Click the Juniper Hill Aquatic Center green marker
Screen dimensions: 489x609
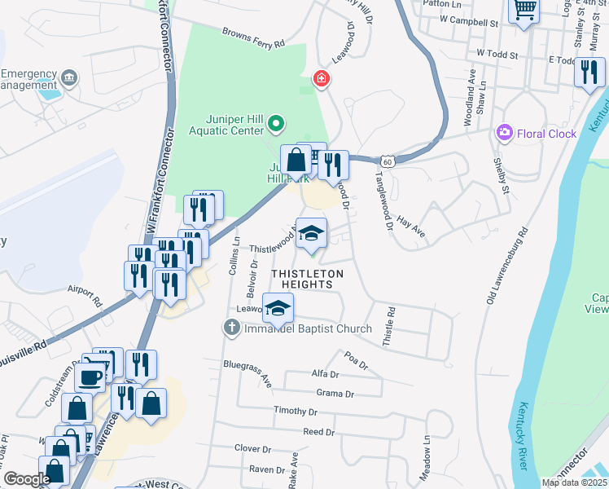[276, 125]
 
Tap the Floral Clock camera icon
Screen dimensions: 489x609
[505, 133]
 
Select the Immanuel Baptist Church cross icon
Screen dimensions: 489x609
[231, 328]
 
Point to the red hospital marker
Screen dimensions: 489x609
[322, 79]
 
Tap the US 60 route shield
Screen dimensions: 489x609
[392, 162]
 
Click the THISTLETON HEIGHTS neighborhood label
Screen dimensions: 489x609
[302, 278]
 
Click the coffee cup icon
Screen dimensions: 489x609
[90, 377]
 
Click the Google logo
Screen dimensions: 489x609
[26, 479]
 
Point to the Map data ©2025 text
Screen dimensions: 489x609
[574, 482]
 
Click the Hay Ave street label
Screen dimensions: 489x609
[411, 227]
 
